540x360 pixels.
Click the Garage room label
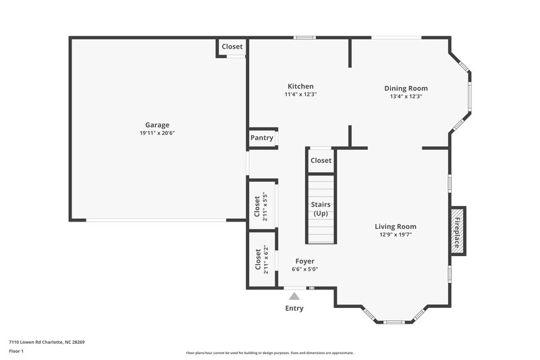tap(157, 124)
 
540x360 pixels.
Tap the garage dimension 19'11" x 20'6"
tap(157, 133)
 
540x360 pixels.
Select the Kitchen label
tap(300, 86)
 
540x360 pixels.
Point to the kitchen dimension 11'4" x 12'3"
tap(300, 95)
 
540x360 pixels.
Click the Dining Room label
tap(406, 88)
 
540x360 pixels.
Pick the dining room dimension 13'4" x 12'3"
tap(406, 97)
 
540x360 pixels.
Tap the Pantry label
tap(262, 138)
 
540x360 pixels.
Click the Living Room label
tap(396, 227)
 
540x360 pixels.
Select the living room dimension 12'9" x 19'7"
tap(396, 236)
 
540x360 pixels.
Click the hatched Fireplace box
tap(457, 230)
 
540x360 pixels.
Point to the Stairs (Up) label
tap(321, 209)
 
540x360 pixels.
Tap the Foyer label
tap(304, 261)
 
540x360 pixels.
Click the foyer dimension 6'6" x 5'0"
tap(304, 269)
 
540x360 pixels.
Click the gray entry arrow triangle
tap(294, 295)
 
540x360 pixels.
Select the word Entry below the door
tap(294, 309)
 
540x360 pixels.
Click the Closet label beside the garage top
tap(232, 47)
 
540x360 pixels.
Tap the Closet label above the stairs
tap(321, 161)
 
